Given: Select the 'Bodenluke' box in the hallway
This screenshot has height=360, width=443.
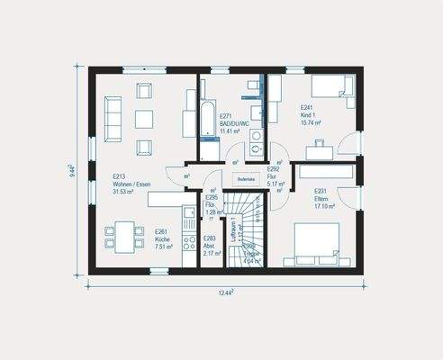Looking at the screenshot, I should coord(247,180).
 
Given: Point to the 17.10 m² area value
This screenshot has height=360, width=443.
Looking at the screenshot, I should coord(324,206).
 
